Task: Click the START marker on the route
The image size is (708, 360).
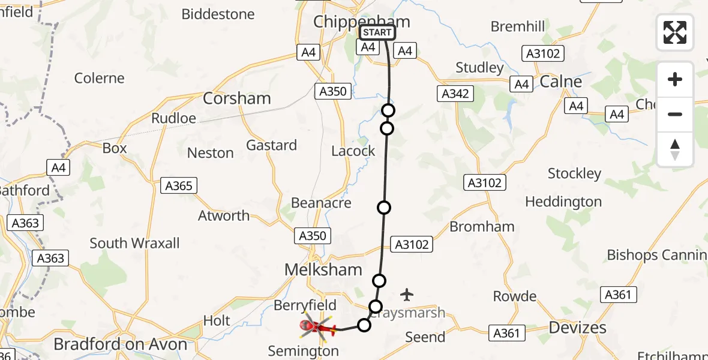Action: [x=377, y=32]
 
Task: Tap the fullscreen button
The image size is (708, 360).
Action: [x=675, y=32]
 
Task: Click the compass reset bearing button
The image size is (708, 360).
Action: [x=675, y=149]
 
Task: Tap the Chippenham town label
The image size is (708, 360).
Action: [x=362, y=22]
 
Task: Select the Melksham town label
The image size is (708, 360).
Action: [x=323, y=270]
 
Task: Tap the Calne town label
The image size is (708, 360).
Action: [x=561, y=82]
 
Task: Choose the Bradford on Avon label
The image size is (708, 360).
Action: [x=121, y=344]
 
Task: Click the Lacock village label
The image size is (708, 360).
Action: [x=353, y=151]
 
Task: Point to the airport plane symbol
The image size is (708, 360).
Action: [x=407, y=295]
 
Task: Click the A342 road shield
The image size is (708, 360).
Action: [x=455, y=94]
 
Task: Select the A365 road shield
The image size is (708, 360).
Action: [x=179, y=186]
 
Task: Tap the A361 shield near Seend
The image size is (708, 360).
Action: [x=507, y=332]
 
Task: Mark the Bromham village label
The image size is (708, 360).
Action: [x=482, y=227]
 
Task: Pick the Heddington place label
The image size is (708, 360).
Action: [x=563, y=202]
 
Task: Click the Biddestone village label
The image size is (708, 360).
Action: [x=218, y=14]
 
